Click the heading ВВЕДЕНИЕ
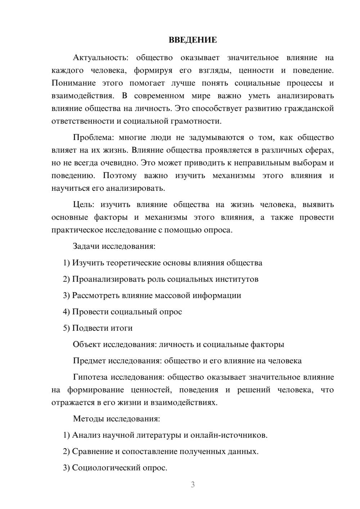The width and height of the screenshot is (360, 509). (193, 40)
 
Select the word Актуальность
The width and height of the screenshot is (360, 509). (100, 58)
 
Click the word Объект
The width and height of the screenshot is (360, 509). (86, 344)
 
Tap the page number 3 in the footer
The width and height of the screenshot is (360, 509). (193, 485)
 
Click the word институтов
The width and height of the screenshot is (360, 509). (237, 279)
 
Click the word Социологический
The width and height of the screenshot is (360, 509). (102, 468)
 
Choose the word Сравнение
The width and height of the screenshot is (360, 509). (92, 451)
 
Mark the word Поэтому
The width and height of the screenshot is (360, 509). (120, 176)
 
